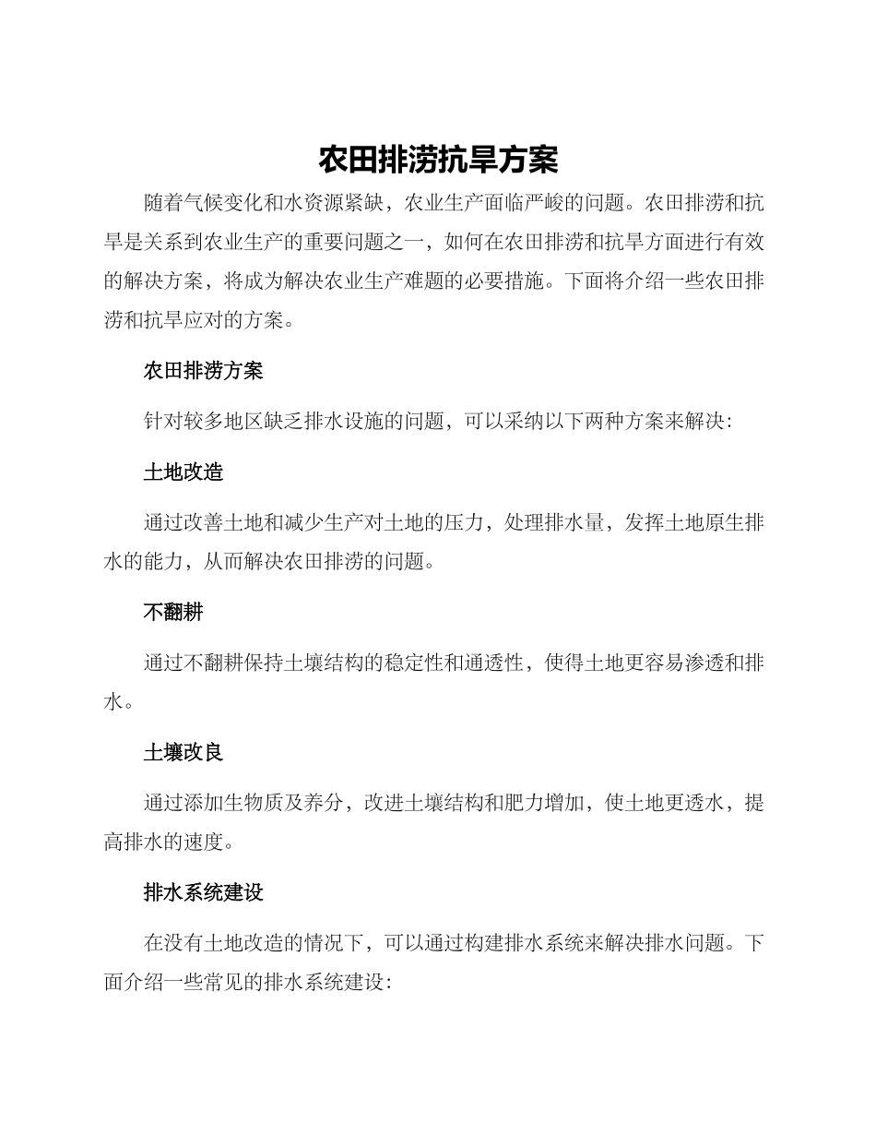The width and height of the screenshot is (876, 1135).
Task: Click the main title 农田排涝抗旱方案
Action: (438, 159)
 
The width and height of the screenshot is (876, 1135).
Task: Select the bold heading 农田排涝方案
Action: (203, 371)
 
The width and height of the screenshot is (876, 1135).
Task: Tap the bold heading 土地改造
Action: (183, 472)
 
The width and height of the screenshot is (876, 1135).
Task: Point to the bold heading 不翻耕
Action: (172, 611)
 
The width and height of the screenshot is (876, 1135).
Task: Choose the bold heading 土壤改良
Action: (183, 752)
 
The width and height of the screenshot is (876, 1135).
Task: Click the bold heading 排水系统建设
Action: (203, 892)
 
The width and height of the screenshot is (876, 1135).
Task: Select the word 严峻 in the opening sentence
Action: (549, 202)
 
